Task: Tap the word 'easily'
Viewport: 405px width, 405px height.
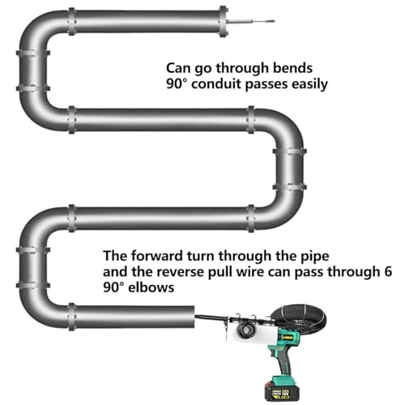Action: coord(310,85)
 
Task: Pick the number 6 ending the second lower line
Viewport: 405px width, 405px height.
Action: coord(388,271)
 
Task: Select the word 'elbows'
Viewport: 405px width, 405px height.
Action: coord(151,287)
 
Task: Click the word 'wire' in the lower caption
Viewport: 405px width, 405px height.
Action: coord(249,271)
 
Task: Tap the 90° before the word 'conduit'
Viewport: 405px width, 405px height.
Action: coord(177,84)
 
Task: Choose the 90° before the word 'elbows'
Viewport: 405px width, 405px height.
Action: coord(113,288)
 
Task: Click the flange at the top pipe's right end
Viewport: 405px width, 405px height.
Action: coord(223,21)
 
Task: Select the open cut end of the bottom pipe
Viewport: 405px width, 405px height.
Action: coord(194,317)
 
